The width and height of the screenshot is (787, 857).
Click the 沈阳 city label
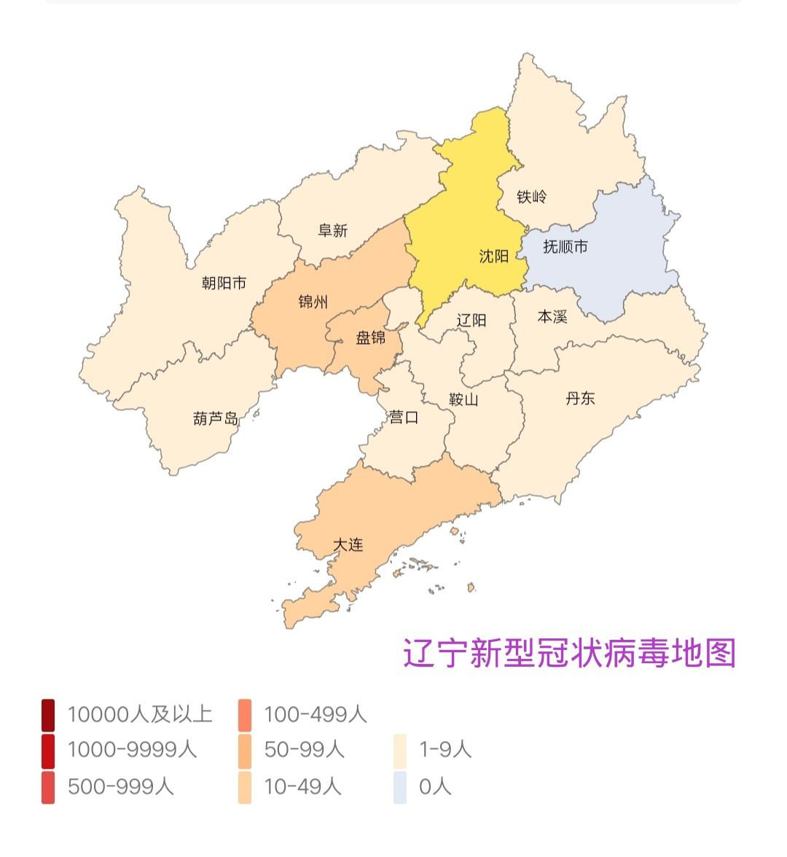coord(493,257)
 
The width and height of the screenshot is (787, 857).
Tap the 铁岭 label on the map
coord(531,197)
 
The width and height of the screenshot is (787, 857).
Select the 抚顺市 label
coord(565,247)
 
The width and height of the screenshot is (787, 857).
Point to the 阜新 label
coord(333,231)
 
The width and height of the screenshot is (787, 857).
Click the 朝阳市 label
coord(224,283)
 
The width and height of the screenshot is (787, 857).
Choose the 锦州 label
coord(313,302)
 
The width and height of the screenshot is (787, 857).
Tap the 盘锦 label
coord(370,337)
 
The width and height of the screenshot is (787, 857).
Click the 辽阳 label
coord(471,321)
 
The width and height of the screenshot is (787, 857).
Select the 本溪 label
coord(552,317)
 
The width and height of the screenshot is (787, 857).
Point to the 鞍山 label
coord(463,399)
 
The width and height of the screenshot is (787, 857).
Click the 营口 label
coord(404,418)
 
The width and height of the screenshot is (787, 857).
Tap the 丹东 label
coord(580,399)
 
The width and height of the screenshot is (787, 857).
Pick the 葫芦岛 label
coord(216,419)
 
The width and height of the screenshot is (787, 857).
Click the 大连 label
coord(348,545)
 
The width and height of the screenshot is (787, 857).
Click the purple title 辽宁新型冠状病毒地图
coord(569,653)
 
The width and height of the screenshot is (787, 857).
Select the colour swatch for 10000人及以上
coord(48,715)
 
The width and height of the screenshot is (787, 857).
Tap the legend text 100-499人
coord(315,715)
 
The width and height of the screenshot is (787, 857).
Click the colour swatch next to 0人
coord(399,788)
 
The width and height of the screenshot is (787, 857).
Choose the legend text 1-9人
coord(445,750)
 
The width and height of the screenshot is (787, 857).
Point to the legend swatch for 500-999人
coord(48,788)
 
